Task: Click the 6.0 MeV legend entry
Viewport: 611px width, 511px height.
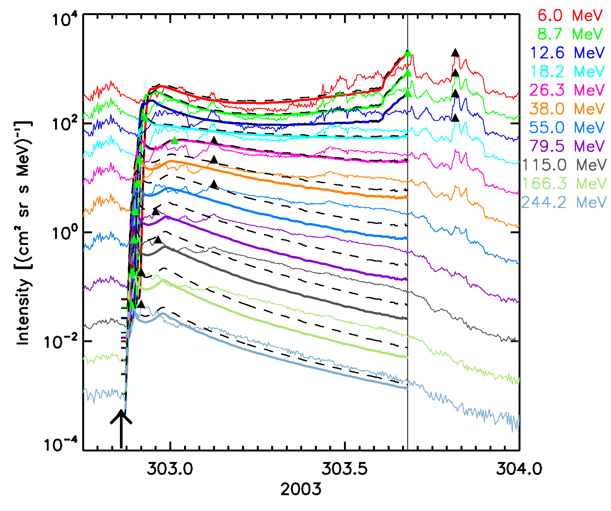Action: (570, 15)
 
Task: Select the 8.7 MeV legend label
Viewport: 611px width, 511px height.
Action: (570, 34)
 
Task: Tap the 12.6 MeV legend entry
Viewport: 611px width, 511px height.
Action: (567, 53)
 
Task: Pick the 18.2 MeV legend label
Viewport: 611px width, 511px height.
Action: (567, 72)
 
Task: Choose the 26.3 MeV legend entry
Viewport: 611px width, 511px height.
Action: (567, 90)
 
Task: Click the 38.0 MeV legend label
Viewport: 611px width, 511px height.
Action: (567, 109)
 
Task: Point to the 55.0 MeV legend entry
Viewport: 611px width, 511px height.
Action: (567, 128)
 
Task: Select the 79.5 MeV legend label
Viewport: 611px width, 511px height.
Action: (567, 146)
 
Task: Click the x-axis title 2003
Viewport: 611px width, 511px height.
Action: (301, 490)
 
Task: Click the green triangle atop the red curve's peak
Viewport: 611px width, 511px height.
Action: (407, 53)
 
